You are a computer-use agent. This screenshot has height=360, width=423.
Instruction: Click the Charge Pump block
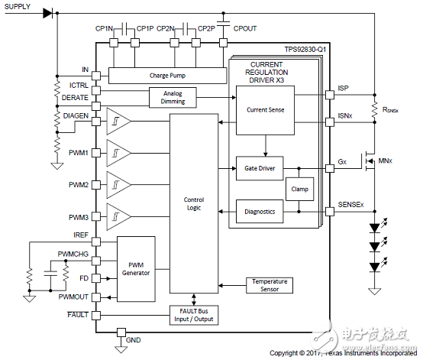pyautogui.click(x=167, y=76)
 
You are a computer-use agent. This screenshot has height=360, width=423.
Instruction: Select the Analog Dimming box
pyautogui.click(x=173, y=98)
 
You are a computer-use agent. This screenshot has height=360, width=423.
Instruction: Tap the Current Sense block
pyautogui.click(x=265, y=110)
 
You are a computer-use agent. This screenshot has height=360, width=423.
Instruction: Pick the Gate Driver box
pyautogui.click(x=260, y=168)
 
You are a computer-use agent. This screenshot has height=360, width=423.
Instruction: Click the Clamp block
pyautogui.click(x=300, y=189)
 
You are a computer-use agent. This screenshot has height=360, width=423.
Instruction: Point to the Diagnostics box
pyautogui.click(x=260, y=212)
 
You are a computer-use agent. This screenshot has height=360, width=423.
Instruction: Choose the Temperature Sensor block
pyautogui.click(x=270, y=285)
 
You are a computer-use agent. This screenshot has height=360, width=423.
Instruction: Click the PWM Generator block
pyautogui.click(x=136, y=269)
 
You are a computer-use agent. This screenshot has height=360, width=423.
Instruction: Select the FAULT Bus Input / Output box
pyautogui.click(x=194, y=315)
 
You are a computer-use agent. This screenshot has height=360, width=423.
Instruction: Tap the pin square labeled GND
pyautogui.click(x=121, y=332)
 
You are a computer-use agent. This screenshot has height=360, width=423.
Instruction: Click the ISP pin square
pyautogui.click(x=330, y=95)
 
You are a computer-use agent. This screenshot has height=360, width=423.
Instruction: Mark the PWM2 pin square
pyautogui.click(x=96, y=185)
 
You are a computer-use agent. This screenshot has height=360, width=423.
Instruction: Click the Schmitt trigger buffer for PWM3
pyautogui.click(x=118, y=216)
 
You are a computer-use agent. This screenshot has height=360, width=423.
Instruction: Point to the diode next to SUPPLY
pyautogui.click(x=48, y=13)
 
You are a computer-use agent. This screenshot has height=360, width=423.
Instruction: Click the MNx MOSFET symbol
pyautogui.click(x=368, y=161)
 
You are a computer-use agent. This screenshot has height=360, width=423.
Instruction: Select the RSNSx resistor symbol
pyautogui.click(x=374, y=109)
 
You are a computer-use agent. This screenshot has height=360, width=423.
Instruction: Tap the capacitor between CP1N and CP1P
pyautogui.click(x=124, y=29)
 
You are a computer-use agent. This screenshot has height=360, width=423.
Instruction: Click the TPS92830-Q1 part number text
pyautogui.click(x=305, y=50)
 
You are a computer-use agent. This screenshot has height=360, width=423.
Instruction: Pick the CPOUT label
pyautogui.click(x=244, y=28)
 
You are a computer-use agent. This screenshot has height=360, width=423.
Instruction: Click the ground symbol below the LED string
pyautogui.click(x=374, y=291)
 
